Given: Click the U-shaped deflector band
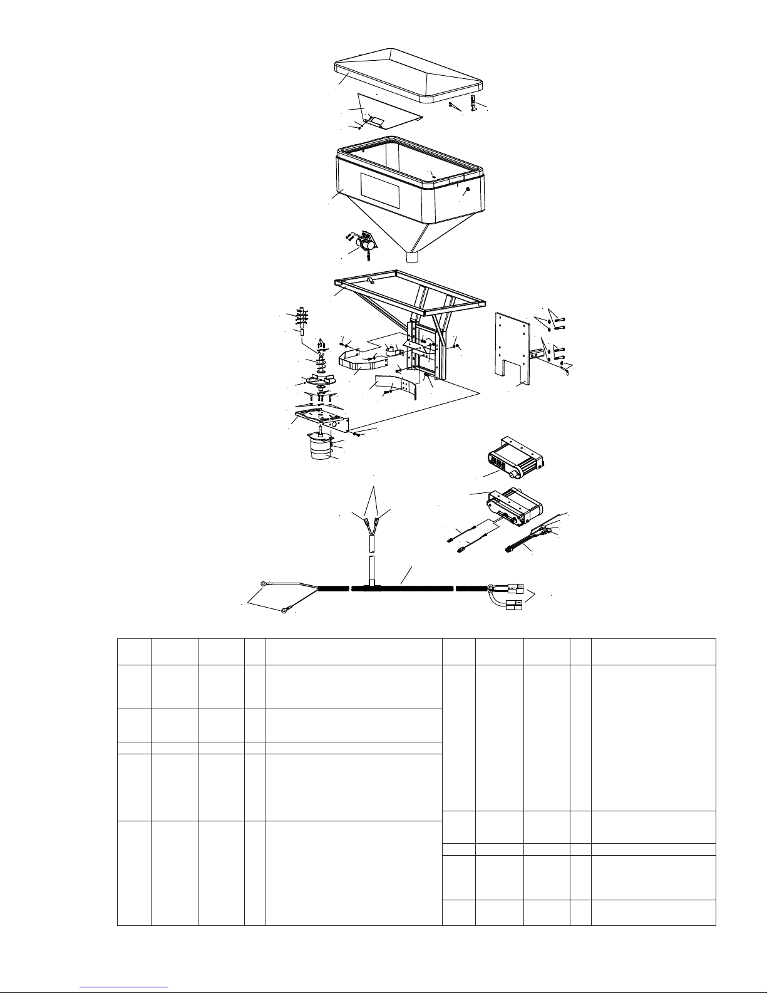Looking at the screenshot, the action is [353, 362].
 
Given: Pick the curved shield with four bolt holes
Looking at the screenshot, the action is [396, 385].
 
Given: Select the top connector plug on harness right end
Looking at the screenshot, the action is [515, 588].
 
